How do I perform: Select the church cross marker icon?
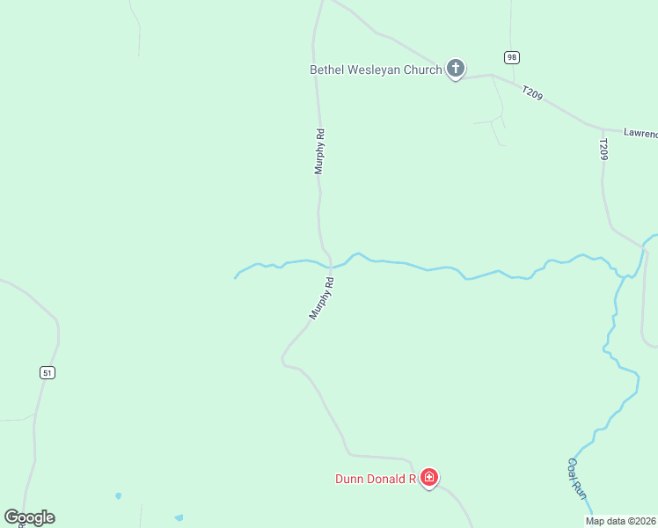click(x=455, y=68)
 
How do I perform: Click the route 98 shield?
click(x=512, y=57)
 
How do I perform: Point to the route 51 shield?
click(x=48, y=373)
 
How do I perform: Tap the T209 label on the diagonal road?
click(x=532, y=92)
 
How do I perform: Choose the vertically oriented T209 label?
click(x=603, y=149)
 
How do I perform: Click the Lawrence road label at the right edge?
click(x=640, y=133)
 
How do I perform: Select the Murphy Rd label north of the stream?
click(x=320, y=151)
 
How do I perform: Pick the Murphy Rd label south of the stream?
click(x=322, y=297)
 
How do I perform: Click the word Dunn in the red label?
click(x=349, y=480)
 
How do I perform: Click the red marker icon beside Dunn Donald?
click(x=429, y=478)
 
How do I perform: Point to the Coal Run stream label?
click(x=577, y=479)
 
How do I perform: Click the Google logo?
click(x=29, y=517)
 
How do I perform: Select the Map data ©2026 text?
click(x=620, y=521)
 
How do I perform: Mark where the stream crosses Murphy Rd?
click(x=330, y=266)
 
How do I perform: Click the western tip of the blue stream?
click(x=235, y=278)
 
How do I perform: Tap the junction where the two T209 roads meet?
click(x=603, y=128)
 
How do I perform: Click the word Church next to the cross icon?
click(x=422, y=70)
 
